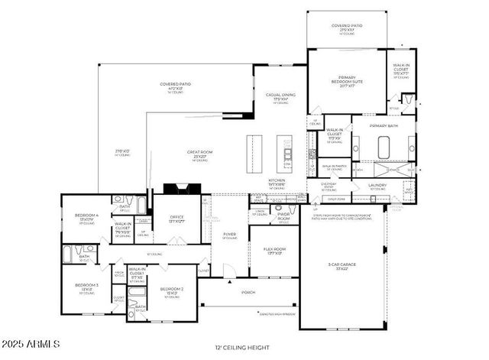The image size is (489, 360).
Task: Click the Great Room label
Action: (200, 153)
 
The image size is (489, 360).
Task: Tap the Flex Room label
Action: (274, 249)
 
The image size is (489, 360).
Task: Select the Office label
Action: (176, 218)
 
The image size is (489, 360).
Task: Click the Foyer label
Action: (229, 235)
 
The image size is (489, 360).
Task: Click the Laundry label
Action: (377, 185)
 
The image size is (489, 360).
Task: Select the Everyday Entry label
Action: (329, 186)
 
